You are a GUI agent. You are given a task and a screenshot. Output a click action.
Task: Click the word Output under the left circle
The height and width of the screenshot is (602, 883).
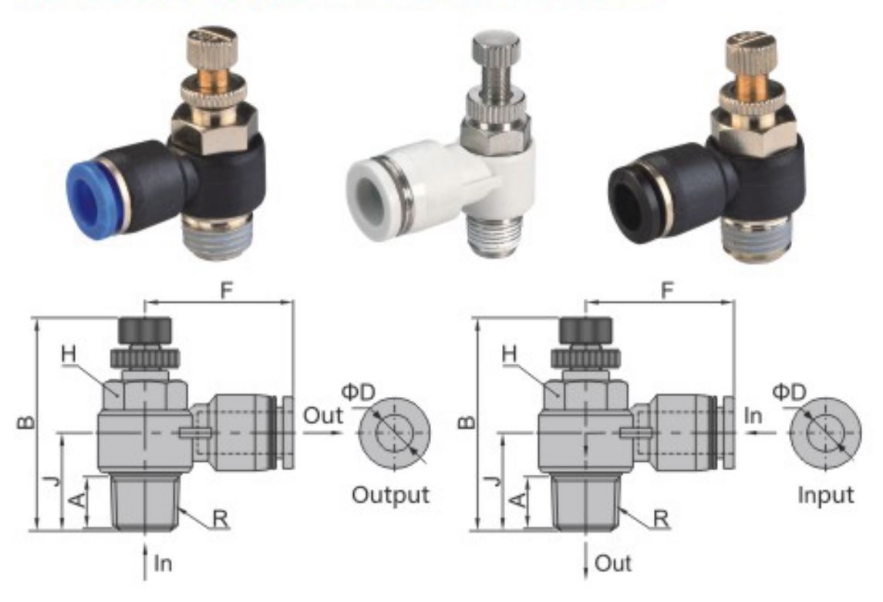pos(390,494)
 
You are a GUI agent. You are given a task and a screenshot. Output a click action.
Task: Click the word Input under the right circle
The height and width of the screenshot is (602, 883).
pos(826,494)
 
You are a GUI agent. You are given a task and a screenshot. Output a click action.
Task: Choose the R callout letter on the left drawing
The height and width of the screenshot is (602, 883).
pos(221,517)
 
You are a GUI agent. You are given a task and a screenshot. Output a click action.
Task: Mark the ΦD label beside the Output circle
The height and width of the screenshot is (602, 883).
pos(357,392)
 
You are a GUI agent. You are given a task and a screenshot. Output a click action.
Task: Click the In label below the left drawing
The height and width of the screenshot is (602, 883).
pos(163,563)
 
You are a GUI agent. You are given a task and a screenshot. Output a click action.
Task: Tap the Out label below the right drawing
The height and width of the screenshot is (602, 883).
pos(613,563)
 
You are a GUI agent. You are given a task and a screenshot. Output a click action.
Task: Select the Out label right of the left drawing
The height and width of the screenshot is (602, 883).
pos(322,416)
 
